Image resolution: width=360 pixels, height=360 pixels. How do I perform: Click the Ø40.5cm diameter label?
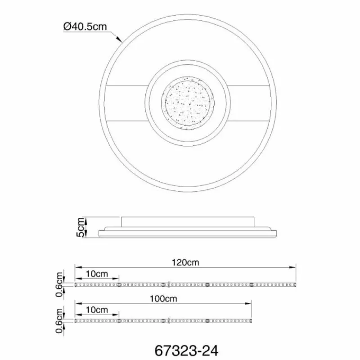pyautogui.click(x=85, y=27)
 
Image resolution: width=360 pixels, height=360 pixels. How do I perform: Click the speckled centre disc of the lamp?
pyautogui.click(x=188, y=103)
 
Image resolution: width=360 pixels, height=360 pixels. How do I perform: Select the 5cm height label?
pyautogui.click(x=81, y=227)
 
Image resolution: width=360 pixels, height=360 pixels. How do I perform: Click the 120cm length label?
pyautogui.click(x=185, y=262)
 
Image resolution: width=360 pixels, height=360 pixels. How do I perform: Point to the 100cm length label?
pyautogui.click(x=163, y=299)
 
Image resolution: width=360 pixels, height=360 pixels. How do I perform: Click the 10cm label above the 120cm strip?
pyautogui.click(x=97, y=274)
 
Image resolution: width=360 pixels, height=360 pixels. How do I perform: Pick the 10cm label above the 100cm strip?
pyautogui.click(x=97, y=310)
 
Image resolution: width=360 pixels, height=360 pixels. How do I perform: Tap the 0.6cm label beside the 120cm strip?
pyautogui.click(x=59, y=284)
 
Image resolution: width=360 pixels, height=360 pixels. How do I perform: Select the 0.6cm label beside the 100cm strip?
pyautogui.click(x=59, y=321)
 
